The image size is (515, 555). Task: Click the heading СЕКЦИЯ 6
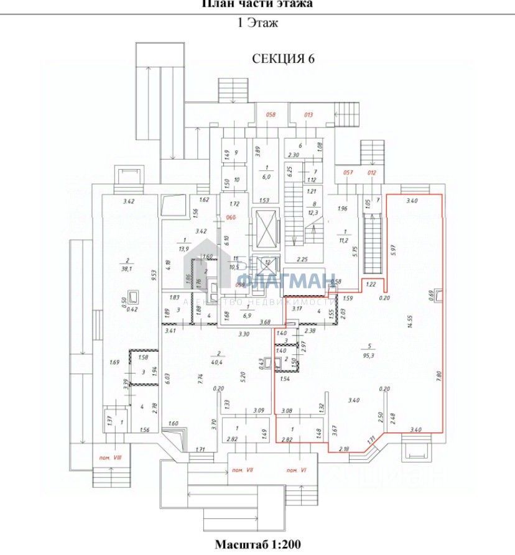(283, 59)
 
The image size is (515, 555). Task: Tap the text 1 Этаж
(257, 24)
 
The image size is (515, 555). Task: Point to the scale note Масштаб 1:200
(257, 544)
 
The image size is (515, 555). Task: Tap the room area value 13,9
(183, 247)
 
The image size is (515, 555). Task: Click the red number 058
(271, 114)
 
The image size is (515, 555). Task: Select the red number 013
(308, 114)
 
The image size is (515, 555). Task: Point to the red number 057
(348, 172)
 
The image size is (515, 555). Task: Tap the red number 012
(372, 172)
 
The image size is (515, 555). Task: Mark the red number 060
(231, 218)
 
